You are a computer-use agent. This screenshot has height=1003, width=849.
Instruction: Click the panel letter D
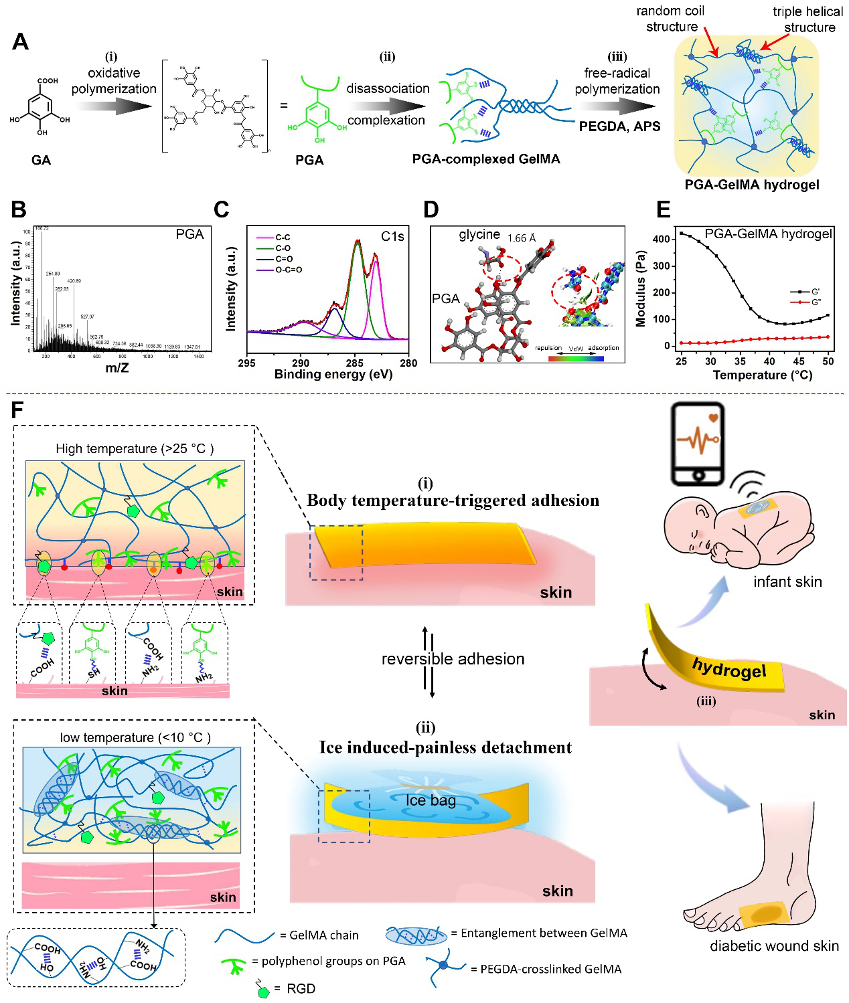click(x=431, y=209)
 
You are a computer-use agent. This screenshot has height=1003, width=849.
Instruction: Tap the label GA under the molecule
click(x=41, y=160)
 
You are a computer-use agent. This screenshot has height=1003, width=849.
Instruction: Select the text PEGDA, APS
click(x=619, y=126)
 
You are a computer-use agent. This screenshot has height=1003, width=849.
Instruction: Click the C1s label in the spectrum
click(x=392, y=236)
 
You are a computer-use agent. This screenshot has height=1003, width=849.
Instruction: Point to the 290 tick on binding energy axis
click(x=301, y=363)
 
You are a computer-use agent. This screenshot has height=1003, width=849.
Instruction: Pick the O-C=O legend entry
click(x=289, y=270)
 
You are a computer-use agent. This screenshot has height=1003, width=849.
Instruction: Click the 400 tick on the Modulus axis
click(x=662, y=239)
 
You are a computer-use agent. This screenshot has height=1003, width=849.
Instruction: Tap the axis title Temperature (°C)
click(x=762, y=375)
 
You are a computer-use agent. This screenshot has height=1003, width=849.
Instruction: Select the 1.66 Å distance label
click(x=522, y=238)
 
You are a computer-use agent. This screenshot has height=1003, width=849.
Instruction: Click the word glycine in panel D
click(x=479, y=234)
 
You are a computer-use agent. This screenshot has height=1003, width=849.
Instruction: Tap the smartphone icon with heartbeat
click(x=698, y=443)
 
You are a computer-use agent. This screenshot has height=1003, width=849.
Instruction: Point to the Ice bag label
click(x=431, y=800)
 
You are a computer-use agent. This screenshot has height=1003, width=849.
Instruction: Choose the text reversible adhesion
click(x=453, y=659)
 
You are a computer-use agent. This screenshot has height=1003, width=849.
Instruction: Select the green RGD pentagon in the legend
click(x=264, y=991)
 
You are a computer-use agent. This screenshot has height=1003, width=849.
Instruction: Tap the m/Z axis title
click(x=117, y=367)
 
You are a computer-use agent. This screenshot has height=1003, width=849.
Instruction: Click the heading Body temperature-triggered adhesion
click(x=453, y=500)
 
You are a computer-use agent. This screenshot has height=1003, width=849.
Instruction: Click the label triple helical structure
click(x=807, y=19)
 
